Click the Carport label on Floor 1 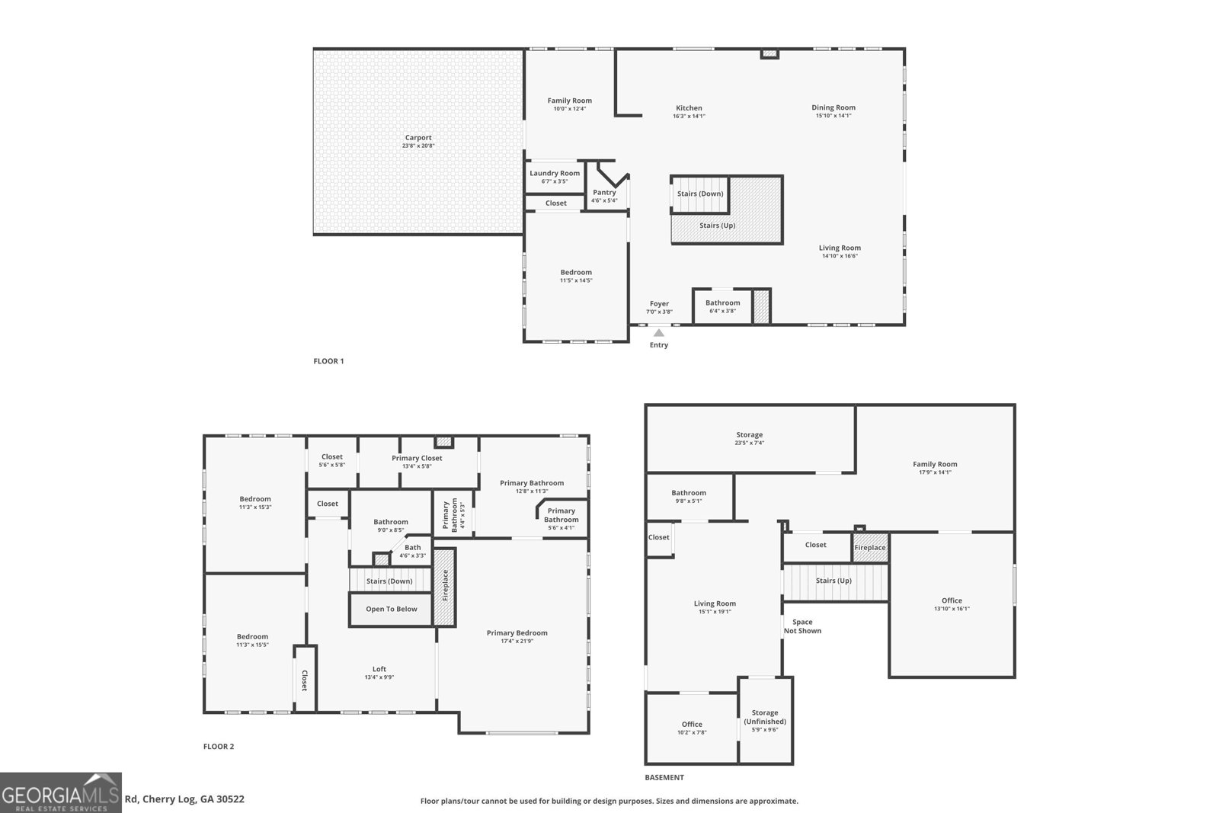418,138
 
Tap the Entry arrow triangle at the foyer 658,332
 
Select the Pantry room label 604,193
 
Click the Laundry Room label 555,174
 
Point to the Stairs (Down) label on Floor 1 700,194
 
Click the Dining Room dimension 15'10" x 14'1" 833,116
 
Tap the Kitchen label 689,108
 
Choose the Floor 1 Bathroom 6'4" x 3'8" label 722,303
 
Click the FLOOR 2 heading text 219,747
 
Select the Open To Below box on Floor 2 391,609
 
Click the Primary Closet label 417,458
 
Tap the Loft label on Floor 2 379,669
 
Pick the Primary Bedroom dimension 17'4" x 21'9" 517,642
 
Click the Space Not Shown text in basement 802,626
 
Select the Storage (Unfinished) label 765,717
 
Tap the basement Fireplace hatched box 869,548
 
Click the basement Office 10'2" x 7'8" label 692,725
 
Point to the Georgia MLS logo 61,792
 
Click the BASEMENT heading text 664,778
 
